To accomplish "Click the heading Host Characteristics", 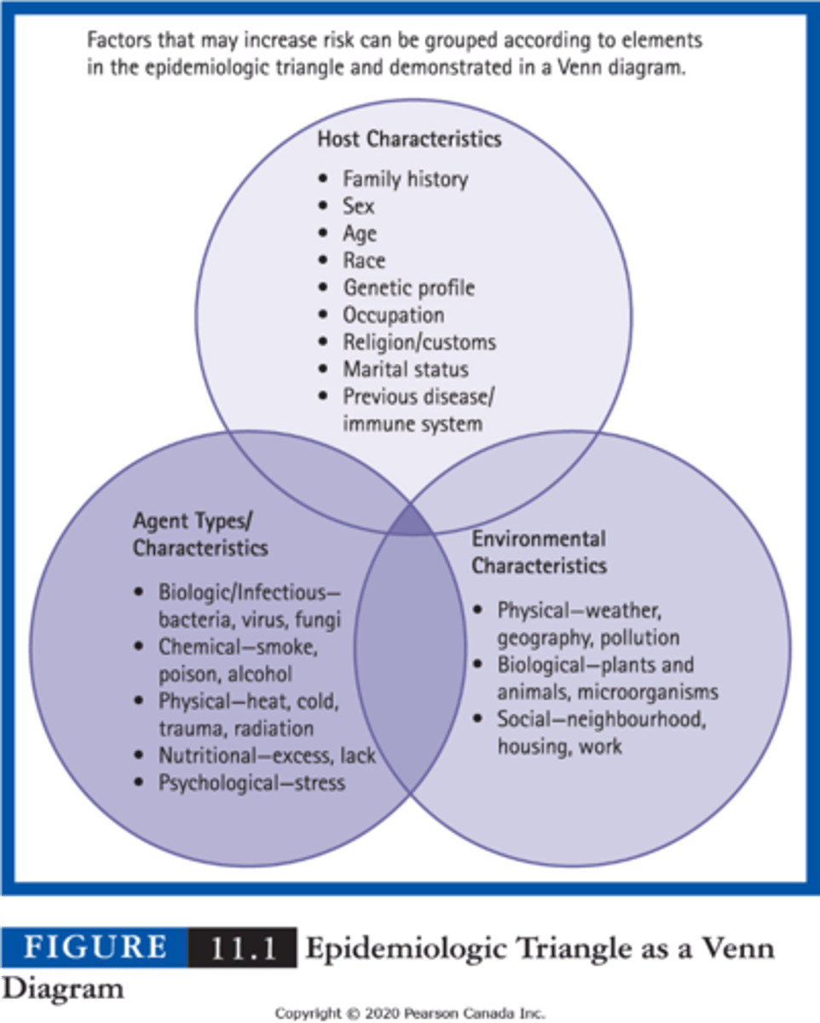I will point(409,138).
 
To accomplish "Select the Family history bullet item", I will point(405,179).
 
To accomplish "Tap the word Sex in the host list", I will point(358,206).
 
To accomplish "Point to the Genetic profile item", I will point(408,287).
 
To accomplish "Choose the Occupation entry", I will point(393,315).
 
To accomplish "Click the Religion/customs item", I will point(419,342).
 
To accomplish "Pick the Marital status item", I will point(405,369).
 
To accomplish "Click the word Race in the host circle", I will point(364,260).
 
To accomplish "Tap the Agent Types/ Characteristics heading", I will point(199,534).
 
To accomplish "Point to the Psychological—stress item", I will point(251,782).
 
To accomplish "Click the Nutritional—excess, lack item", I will point(267,755).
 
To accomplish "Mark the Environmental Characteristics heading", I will point(539,552).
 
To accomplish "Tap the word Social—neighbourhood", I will point(602,720).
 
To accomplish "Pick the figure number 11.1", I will point(242,947).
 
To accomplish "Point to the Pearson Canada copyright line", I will point(409,1013).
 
